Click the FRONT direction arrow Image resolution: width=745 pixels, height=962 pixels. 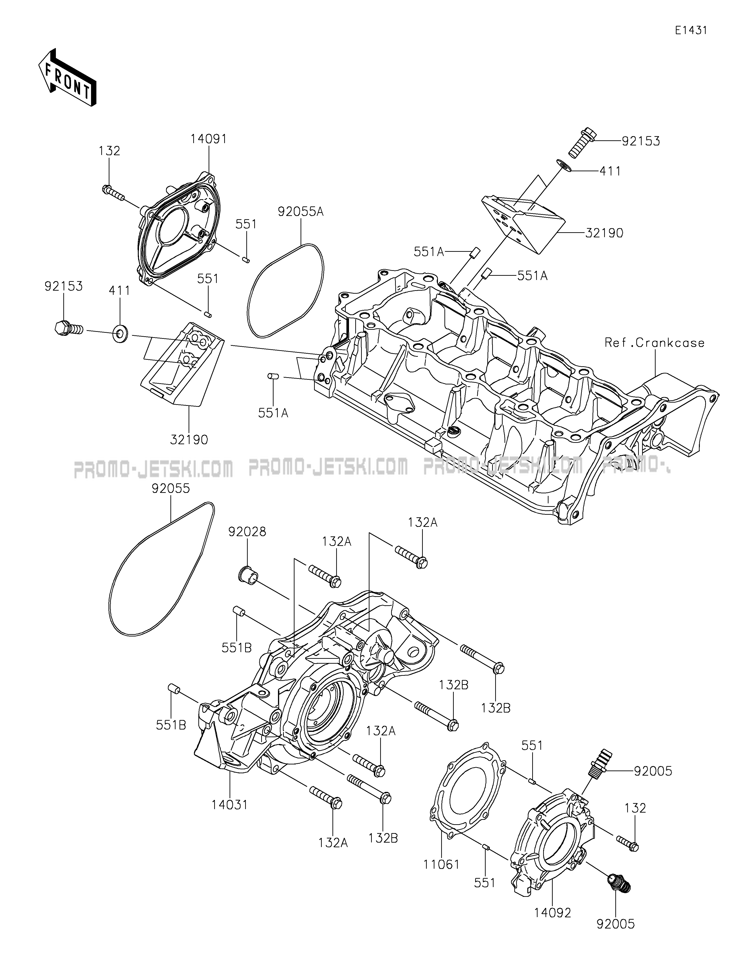click(x=67, y=77)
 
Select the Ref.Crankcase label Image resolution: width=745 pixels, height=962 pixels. click(x=654, y=343)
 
